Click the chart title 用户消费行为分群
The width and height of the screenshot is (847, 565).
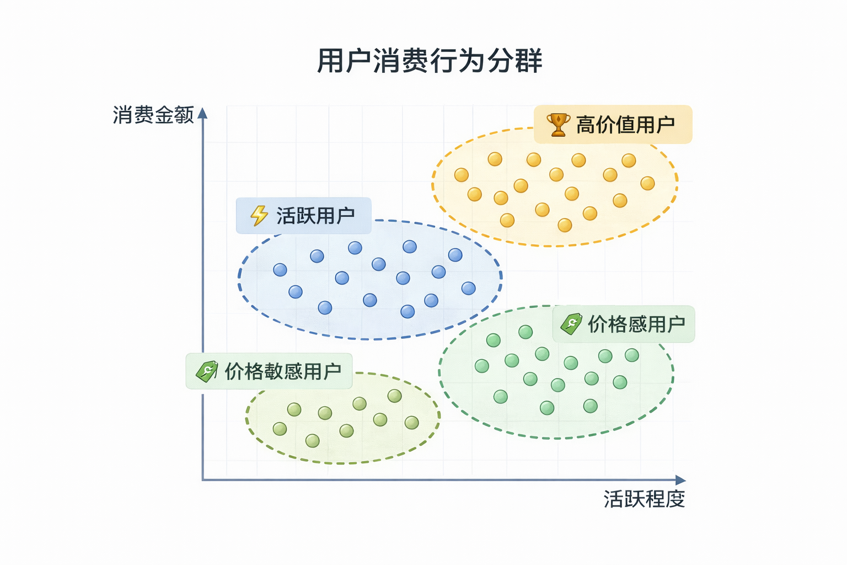(430, 61)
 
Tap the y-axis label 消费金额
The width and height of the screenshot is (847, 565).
(153, 115)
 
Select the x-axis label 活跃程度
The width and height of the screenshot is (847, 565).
(644, 499)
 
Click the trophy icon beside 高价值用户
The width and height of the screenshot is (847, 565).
(558, 125)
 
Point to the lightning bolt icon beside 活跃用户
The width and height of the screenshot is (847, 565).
(259, 215)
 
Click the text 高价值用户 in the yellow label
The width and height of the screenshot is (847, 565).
(625, 125)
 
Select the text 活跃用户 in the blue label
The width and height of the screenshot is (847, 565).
(315, 216)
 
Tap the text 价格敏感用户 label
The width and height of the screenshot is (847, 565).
(283, 371)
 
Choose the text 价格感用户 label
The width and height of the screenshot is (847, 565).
(636, 324)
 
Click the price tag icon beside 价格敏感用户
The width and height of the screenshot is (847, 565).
(207, 371)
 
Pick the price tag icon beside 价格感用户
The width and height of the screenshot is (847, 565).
(571, 324)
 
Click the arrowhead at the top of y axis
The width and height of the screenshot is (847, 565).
(202, 113)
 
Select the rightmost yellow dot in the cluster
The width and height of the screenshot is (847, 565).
(647, 183)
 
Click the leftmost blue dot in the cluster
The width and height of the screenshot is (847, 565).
(280, 270)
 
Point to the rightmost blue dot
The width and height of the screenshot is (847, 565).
(468, 288)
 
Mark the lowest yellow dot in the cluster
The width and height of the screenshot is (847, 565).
(565, 225)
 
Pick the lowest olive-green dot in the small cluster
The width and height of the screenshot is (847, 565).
(313, 441)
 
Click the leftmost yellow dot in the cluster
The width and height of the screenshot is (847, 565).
(462, 175)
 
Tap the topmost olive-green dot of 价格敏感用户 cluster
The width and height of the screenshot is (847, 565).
(394, 396)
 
